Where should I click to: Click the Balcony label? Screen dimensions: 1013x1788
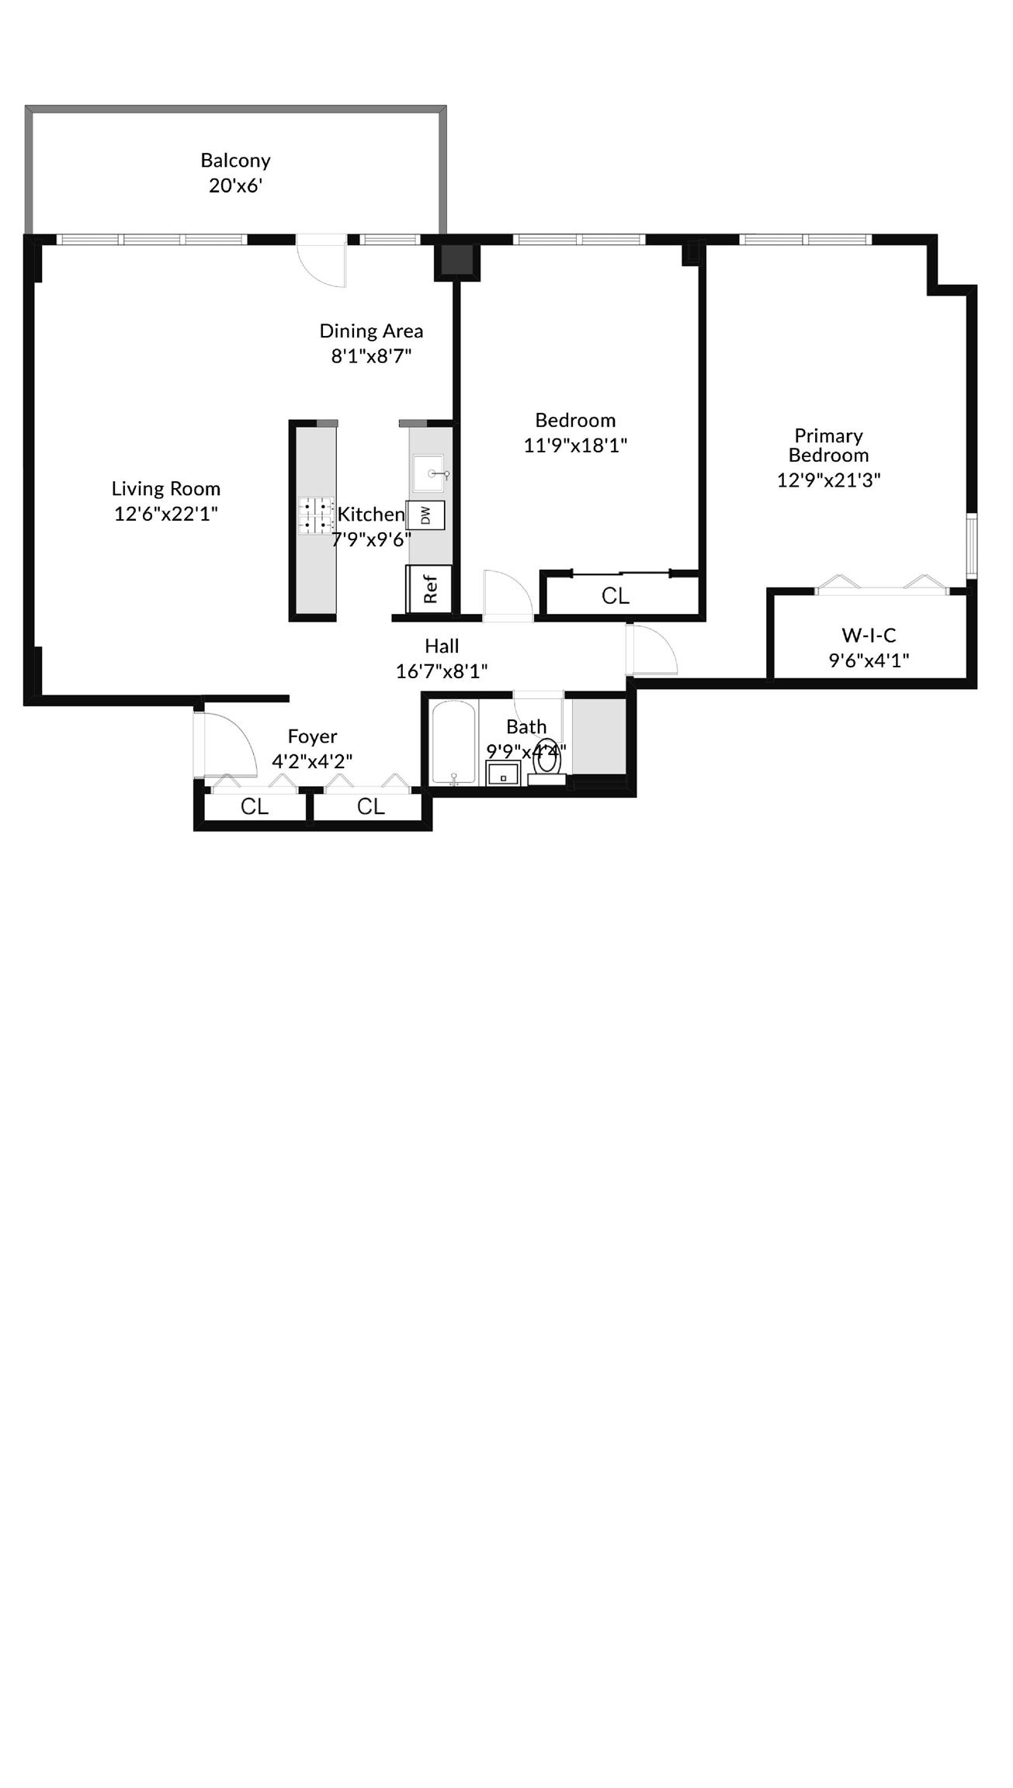[x=235, y=161]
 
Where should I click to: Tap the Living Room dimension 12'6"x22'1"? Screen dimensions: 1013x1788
[x=166, y=514]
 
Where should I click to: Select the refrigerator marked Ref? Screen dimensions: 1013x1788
[x=428, y=588]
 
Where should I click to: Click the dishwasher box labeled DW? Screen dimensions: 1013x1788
[x=426, y=515]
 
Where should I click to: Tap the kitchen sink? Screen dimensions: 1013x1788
[x=428, y=473]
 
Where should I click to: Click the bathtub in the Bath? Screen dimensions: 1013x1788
[x=453, y=743]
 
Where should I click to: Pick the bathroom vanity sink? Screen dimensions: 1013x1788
[x=503, y=774]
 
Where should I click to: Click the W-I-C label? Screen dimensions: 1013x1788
[x=869, y=636]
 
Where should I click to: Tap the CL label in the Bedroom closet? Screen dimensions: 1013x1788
[x=616, y=596]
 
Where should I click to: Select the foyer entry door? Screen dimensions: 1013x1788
[x=226, y=744]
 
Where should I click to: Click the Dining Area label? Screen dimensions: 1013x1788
[x=372, y=331]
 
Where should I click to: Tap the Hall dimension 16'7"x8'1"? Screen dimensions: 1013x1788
[x=442, y=671]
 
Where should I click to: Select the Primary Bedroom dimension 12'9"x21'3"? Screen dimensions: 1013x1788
[x=829, y=480]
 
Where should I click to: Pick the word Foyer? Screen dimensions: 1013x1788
[x=312, y=736]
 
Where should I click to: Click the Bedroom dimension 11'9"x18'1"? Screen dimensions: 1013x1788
[x=575, y=445]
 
